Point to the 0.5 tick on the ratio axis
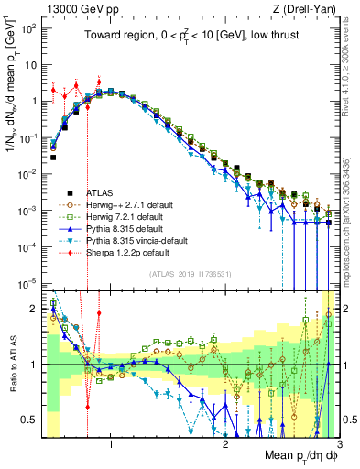point(34,420)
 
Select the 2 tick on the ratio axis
point(38,309)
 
